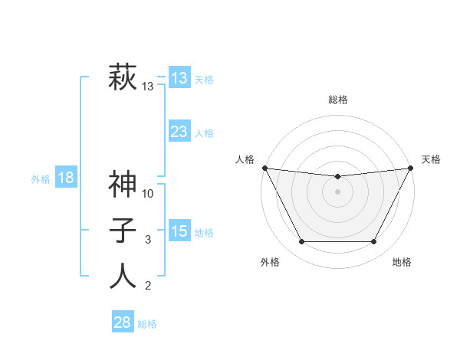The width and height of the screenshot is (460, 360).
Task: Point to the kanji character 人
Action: pyautogui.click(x=123, y=277)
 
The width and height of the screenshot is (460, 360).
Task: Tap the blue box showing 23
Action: pyautogui.click(x=179, y=132)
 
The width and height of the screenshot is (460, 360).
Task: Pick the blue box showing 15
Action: pyautogui.click(x=179, y=231)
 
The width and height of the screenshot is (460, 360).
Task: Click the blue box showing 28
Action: pyautogui.click(x=122, y=322)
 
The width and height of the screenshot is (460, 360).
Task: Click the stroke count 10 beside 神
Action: pyautogui.click(x=149, y=194)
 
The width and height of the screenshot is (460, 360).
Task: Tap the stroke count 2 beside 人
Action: pyautogui.click(x=149, y=286)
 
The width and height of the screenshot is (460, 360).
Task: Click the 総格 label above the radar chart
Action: pyautogui.click(x=338, y=100)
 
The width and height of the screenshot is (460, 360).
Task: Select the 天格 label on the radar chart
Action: pyautogui.click(x=431, y=159)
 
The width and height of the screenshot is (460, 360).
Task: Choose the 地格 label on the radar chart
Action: pyautogui.click(x=402, y=262)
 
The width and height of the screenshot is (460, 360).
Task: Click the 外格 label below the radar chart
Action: pyautogui.click(x=270, y=262)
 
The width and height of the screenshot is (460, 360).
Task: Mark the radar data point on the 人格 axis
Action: pyautogui.click(x=265, y=168)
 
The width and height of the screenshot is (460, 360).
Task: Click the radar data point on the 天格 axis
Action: pyautogui.click(x=411, y=168)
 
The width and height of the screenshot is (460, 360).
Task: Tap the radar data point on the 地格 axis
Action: pyautogui.click(x=374, y=242)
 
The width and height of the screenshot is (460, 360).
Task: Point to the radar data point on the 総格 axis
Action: pyautogui.click(x=337, y=177)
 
